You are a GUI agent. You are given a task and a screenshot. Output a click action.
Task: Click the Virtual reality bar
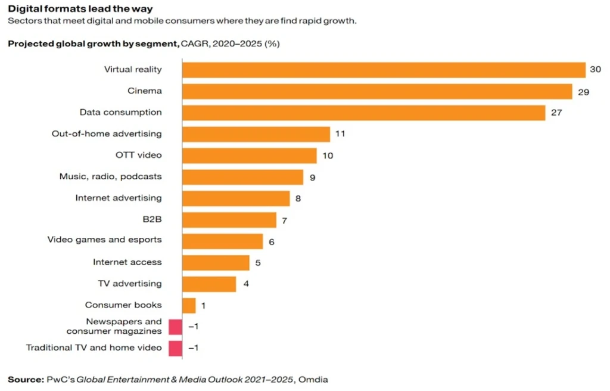click(384, 70)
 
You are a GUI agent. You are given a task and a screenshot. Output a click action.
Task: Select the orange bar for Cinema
click(377, 91)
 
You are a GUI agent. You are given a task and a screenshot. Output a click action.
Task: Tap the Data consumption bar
click(363, 113)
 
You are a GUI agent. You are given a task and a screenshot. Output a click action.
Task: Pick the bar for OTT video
click(249, 156)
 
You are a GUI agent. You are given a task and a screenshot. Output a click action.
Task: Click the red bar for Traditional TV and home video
click(175, 348)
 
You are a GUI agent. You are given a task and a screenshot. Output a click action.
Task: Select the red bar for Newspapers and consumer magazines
click(175, 327)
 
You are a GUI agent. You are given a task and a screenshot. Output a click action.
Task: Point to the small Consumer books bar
click(189, 305)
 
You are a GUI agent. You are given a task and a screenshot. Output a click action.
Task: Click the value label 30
click(595, 70)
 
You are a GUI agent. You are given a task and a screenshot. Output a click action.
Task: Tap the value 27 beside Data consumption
click(556, 113)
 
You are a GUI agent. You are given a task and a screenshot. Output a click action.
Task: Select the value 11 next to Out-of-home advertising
click(340, 134)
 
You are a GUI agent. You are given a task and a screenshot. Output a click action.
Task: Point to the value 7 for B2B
click(285, 220)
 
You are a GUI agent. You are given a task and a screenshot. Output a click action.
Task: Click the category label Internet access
click(127, 262)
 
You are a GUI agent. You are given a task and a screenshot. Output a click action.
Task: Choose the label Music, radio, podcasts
click(110, 176)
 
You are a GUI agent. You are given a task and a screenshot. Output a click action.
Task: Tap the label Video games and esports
click(104, 240)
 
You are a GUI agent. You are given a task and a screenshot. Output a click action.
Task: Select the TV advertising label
click(129, 284)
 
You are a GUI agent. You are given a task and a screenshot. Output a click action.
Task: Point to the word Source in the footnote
click(24, 379)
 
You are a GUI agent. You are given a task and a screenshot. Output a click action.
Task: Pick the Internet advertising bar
click(236, 198)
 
